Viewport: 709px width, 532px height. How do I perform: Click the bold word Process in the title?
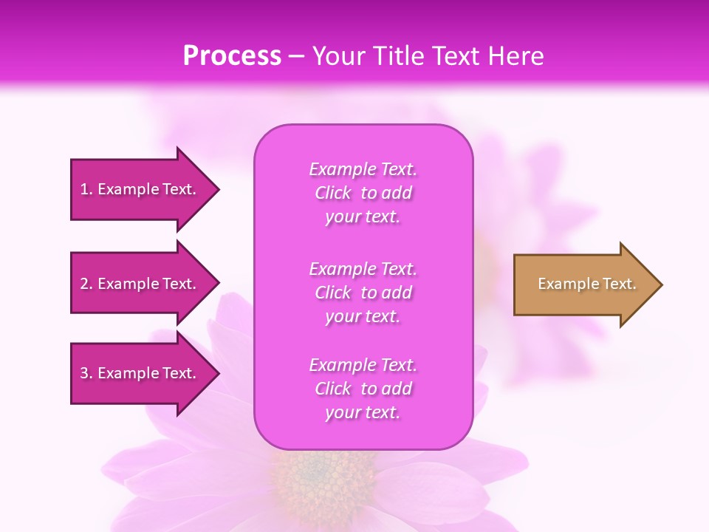pyautogui.click(x=232, y=56)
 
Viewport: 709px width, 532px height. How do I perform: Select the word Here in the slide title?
pyautogui.click(x=516, y=56)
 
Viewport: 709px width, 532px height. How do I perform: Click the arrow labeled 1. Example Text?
pyautogui.click(x=140, y=189)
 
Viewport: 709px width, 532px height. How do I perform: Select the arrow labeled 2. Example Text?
pyautogui.click(x=140, y=284)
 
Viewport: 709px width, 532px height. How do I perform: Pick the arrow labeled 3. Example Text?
pyautogui.click(x=140, y=373)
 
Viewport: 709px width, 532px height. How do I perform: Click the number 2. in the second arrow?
pyautogui.click(x=86, y=284)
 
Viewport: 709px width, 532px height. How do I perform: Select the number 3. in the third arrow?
pyautogui.click(x=86, y=373)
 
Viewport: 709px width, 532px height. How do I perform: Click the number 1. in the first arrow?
pyautogui.click(x=86, y=189)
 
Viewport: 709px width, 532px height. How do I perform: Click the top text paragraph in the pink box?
pyautogui.click(x=363, y=193)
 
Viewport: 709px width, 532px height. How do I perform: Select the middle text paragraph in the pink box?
pyautogui.click(x=363, y=293)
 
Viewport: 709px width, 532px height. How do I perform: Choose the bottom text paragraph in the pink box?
pyautogui.click(x=363, y=389)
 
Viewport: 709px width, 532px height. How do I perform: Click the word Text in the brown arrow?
pyautogui.click(x=620, y=284)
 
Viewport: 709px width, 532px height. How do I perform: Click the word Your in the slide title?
pyautogui.click(x=338, y=56)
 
